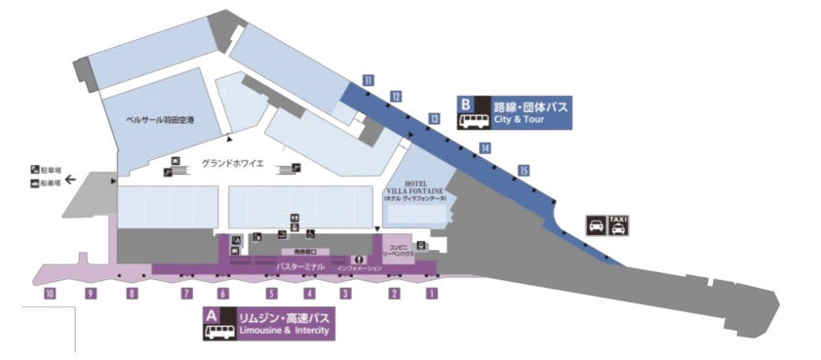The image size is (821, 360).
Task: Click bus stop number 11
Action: pyautogui.click(x=369, y=79)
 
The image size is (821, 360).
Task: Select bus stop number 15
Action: pyautogui.click(x=525, y=171)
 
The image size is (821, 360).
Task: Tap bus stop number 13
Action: pyautogui.click(x=434, y=119)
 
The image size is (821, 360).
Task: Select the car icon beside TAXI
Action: pyautogui.click(x=595, y=226)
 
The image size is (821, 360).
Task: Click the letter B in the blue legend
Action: pyautogui.click(x=466, y=102)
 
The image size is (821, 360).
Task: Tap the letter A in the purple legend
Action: pyautogui.click(x=212, y=315)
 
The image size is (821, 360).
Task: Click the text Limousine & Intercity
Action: pyautogui.click(x=280, y=332)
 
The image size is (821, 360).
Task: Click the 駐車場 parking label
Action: pyautogui.click(x=51, y=171)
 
